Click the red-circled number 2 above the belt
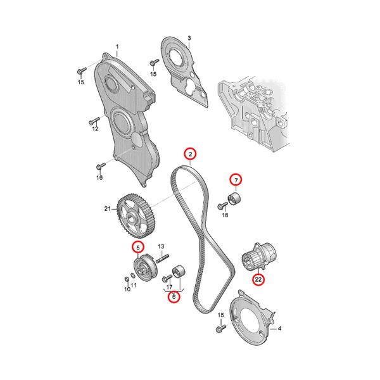point(190,154)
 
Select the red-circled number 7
point(236,180)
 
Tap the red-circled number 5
point(138,248)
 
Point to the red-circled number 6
point(174,296)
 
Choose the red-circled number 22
point(258,279)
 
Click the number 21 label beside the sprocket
point(108,208)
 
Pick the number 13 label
point(161,246)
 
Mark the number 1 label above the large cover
point(117,46)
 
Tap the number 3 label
point(189,38)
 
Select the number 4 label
point(279,329)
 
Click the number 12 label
point(95,129)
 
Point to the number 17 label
point(169,287)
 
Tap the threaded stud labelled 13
point(162,258)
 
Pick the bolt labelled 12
point(94,121)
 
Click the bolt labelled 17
point(167,278)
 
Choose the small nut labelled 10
point(126,279)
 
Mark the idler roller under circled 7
point(234,199)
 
